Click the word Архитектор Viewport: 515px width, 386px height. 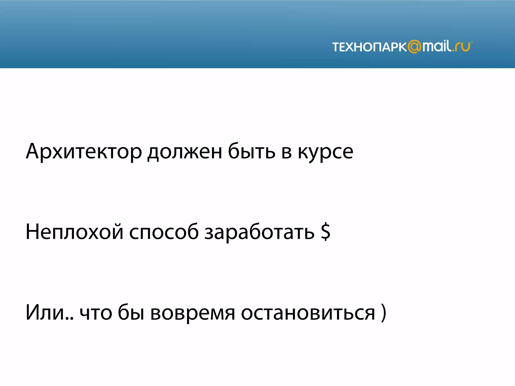point(84,152)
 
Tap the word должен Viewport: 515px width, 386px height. point(185,152)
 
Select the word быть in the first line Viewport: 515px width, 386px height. point(251,152)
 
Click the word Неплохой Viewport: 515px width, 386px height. point(74,232)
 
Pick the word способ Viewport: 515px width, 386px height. point(164,232)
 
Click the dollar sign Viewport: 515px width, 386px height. point(326,232)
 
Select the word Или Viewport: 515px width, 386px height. point(45,312)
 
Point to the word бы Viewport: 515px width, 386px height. point(131,312)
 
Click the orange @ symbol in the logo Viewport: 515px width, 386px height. point(414,47)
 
